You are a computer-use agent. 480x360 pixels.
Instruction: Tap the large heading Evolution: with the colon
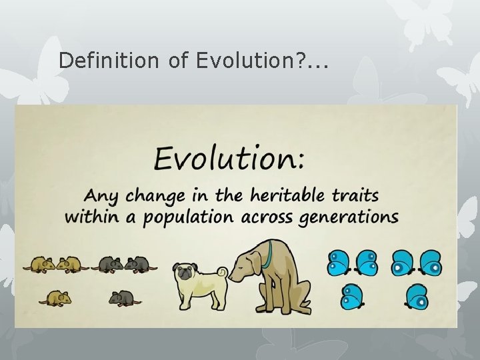tap(230, 159)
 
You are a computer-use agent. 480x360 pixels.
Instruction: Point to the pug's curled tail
tap(221, 273)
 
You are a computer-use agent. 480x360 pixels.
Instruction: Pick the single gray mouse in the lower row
tap(122, 298)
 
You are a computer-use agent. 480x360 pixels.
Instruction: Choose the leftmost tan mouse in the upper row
tap(39, 265)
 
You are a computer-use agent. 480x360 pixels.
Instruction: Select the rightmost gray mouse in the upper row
tap(140, 265)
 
